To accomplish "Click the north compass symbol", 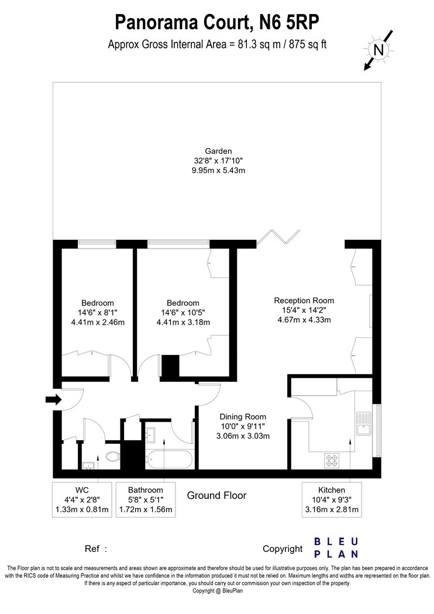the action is [378, 50].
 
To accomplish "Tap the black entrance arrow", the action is [54, 399].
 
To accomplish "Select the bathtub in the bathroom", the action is [169, 459].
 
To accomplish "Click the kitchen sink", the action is [364, 423].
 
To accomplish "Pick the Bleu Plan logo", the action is [336, 548].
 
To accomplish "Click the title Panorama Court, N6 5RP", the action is [217, 22].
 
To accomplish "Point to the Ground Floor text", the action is [216, 495].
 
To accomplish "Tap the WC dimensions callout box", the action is [82, 499].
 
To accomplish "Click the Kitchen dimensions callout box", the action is [332, 499].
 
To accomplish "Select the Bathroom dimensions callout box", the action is [146, 499].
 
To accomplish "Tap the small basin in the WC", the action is [88, 465].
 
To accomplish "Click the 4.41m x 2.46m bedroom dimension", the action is [98, 323].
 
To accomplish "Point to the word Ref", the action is [92, 549].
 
